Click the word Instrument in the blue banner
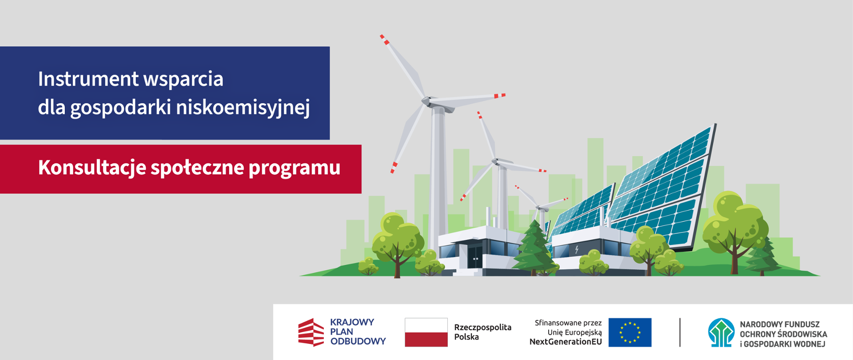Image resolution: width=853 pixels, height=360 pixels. coord(88,79)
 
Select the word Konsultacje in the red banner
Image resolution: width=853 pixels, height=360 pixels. coord(92,168)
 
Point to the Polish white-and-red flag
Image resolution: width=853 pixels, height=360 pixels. coord(426,332)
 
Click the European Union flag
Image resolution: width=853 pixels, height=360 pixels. coord(630,332)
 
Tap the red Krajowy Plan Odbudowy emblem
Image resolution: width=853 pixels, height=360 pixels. coord(311,332)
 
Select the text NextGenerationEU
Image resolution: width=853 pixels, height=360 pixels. coord(566,342)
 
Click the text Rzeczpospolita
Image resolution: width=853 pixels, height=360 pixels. coord(482,328)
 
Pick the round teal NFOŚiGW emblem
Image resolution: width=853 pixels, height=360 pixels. coord(721,332)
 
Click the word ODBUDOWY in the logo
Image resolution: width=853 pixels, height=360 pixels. coord(358,341)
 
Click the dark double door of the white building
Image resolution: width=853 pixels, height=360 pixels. coord(475,256)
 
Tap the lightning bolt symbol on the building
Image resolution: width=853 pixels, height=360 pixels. coord(577,250)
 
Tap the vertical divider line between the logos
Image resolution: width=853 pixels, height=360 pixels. coord(680,332)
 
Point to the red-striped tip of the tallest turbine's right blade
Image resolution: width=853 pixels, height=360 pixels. coord(500,96)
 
